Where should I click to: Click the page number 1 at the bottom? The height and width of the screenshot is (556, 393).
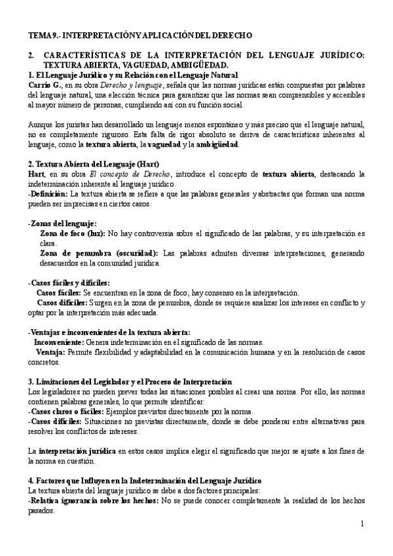[x=362, y=524]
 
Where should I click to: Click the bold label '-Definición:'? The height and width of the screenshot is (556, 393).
[x=48, y=194]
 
